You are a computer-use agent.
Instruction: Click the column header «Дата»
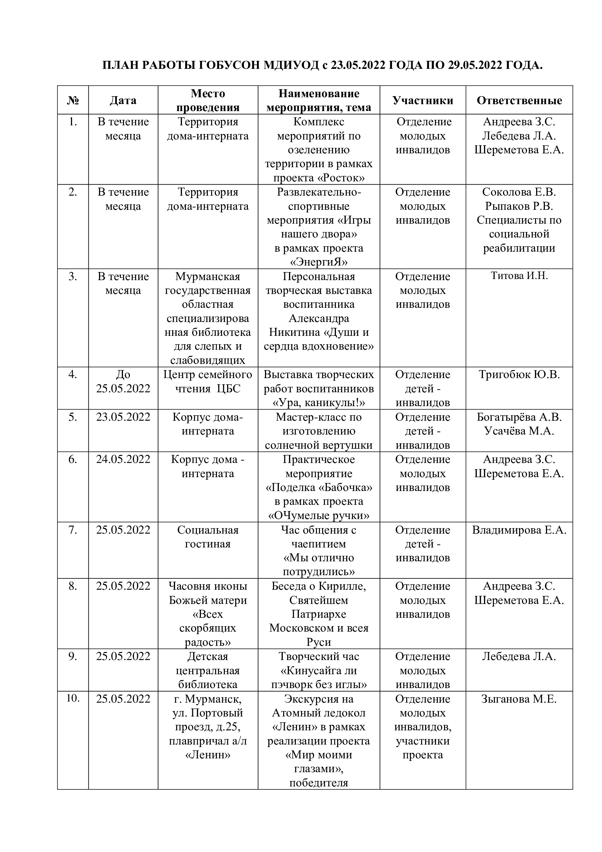(x=123, y=100)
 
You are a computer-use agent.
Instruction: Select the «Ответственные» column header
(x=519, y=100)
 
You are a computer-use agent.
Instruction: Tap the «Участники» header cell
(x=423, y=100)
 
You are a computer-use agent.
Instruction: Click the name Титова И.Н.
(x=519, y=276)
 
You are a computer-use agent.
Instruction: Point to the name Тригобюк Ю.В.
(x=519, y=374)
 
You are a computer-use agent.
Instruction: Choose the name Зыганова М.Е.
(x=519, y=699)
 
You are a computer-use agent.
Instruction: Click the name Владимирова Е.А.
(x=519, y=530)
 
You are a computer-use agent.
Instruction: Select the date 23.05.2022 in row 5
(x=123, y=417)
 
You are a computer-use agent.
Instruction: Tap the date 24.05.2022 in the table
(x=123, y=459)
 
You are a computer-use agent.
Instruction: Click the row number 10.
(x=73, y=698)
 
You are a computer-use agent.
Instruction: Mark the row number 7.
(x=73, y=530)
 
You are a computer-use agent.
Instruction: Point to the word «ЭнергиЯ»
(x=319, y=262)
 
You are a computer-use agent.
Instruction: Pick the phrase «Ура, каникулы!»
(x=319, y=403)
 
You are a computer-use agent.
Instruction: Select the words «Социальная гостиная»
(x=207, y=537)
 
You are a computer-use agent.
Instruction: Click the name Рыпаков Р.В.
(x=519, y=206)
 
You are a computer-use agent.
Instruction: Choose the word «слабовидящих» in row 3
(x=207, y=360)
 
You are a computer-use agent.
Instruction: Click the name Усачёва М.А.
(x=519, y=431)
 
